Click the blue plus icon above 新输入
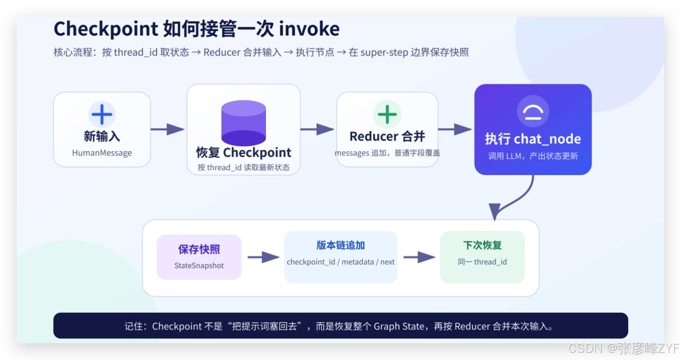pyautogui.click(x=102, y=114)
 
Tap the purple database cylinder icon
pyautogui.click(x=244, y=123)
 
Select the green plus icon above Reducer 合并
pyautogui.click(x=387, y=114)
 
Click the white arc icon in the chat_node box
pyautogui.click(x=533, y=112)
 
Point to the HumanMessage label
pyautogui.click(x=102, y=152)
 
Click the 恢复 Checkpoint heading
pyautogui.click(x=244, y=152)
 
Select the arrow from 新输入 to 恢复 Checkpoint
pyautogui.click(x=167, y=129)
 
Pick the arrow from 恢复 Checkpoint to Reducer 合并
pyautogui.click(x=317, y=129)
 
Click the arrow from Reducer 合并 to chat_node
pyautogui.click(x=455, y=129)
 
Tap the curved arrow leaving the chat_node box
pyautogui.click(x=517, y=201)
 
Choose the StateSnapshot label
pyautogui.click(x=199, y=265)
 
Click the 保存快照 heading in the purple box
pyautogui.click(x=199, y=249)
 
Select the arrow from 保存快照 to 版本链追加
pyautogui.click(x=264, y=257)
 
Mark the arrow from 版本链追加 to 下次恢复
pyautogui.click(x=419, y=257)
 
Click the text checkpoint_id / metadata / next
pyautogui.click(x=340, y=262)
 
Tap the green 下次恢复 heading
pyautogui.click(x=482, y=245)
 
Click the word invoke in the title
pyautogui.click(x=309, y=29)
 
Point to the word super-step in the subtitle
pyautogui.click(x=384, y=52)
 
